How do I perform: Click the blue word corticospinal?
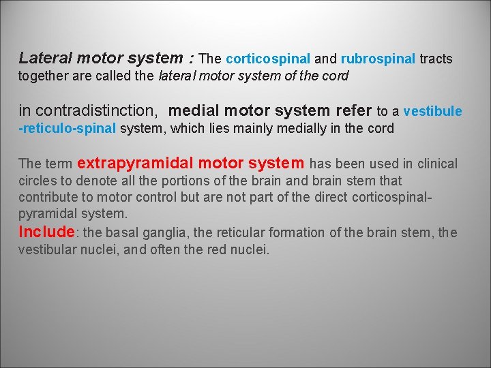pyautogui.click(x=268, y=59)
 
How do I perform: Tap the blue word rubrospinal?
pyautogui.click(x=378, y=59)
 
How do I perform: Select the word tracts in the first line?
pyautogui.click(x=436, y=59)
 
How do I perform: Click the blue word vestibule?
pyautogui.click(x=433, y=111)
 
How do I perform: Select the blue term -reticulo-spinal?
pyautogui.click(x=68, y=128)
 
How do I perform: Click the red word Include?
pyautogui.click(x=46, y=232)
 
